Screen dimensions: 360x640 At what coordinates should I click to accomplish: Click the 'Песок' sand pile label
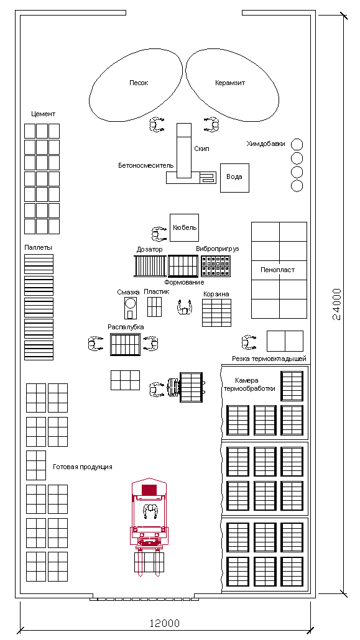[139, 83]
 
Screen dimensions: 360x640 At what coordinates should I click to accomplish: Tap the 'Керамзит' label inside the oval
[230, 83]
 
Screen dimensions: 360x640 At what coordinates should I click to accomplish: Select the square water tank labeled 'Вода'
[234, 178]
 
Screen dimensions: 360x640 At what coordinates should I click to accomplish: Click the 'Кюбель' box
[184, 227]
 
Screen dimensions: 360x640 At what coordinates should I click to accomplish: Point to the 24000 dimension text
[336, 304]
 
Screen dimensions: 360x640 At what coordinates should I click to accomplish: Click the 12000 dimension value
[164, 623]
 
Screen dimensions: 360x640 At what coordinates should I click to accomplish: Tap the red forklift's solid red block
[149, 490]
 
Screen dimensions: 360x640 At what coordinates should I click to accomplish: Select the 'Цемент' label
[43, 114]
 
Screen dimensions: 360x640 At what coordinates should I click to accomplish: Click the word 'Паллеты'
[39, 247]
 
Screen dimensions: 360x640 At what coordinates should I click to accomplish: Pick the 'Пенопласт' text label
[277, 270]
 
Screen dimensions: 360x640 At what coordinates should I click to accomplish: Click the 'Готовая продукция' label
[83, 467]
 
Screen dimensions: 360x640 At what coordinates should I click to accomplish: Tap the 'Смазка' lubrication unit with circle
[131, 308]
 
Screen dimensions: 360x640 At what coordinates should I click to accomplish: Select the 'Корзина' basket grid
[216, 313]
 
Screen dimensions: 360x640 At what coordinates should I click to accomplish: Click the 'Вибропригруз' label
[218, 249]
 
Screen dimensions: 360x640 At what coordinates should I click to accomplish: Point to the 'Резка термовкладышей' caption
[269, 359]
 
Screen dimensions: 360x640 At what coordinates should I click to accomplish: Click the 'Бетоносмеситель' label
[146, 166]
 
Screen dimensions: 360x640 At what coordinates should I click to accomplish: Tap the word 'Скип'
[202, 149]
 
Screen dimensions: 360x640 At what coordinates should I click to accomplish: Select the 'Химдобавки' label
[265, 144]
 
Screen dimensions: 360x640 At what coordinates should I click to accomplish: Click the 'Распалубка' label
[126, 327]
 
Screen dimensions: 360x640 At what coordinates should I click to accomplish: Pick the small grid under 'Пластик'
[154, 307]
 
